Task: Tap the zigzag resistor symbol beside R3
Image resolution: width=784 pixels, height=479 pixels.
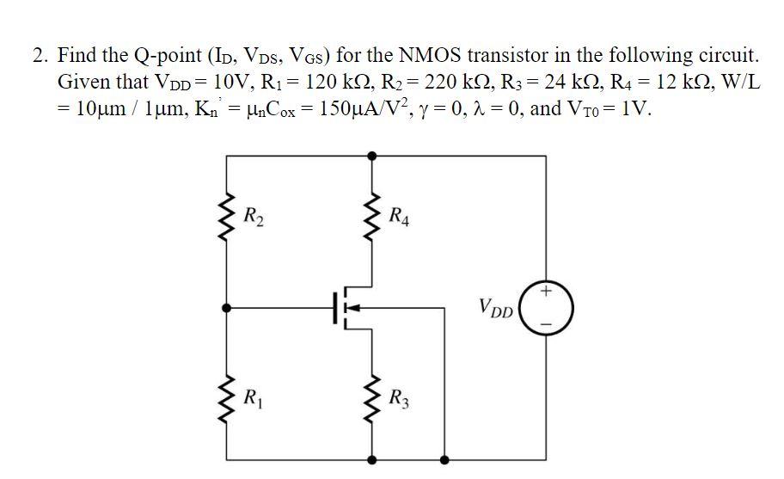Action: (x=371, y=396)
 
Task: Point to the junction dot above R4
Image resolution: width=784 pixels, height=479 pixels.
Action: (x=371, y=157)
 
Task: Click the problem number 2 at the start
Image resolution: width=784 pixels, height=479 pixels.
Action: (x=38, y=57)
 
